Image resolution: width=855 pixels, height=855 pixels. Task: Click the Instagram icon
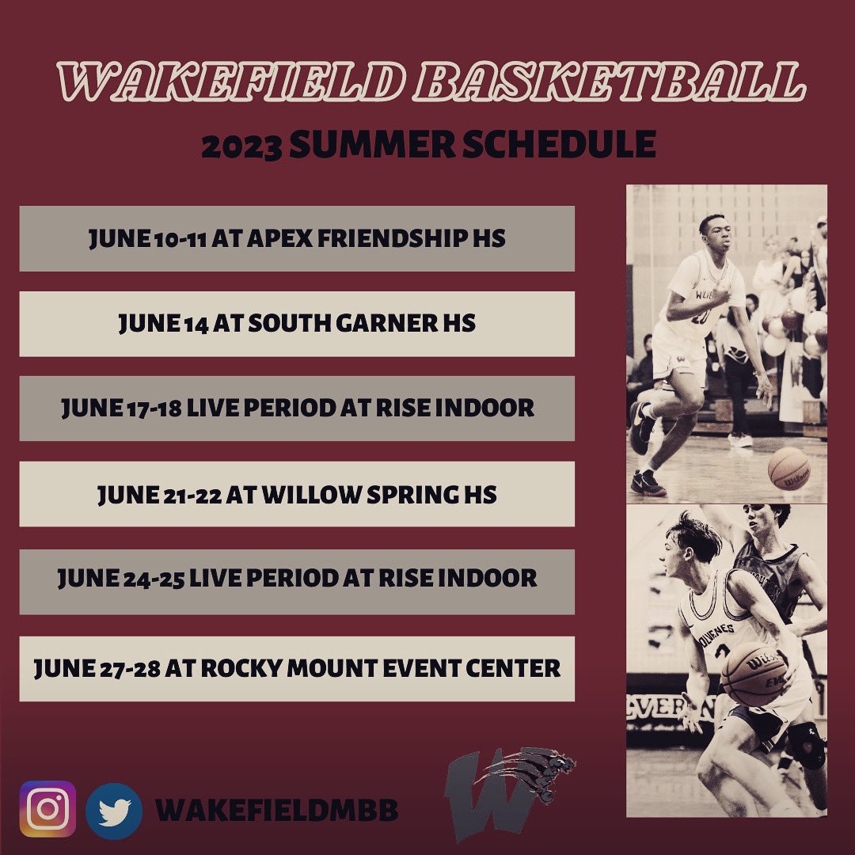pos(48,809)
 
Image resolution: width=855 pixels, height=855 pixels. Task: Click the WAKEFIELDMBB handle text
pos(276,810)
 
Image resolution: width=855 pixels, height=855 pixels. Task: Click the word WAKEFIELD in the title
pos(230,82)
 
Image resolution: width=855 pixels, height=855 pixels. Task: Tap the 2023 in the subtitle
pos(241,146)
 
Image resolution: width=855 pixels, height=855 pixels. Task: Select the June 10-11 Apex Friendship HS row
pos(297,238)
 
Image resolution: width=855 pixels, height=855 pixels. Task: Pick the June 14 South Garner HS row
pos(297,323)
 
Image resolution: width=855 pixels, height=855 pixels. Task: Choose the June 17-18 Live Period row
pos(297,408)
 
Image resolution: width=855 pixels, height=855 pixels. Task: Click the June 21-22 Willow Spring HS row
pos(297,494)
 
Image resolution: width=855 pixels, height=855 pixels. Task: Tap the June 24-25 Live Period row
pos(297,579)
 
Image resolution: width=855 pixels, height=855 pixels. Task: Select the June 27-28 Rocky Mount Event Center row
pos(297,668)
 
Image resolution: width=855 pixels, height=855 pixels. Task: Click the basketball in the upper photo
pos(788,469)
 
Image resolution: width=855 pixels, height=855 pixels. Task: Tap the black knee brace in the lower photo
pos(806,744)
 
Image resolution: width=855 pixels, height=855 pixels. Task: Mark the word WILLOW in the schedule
pos(314,495)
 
